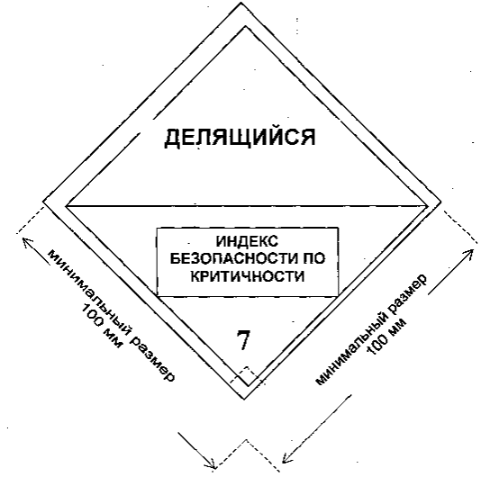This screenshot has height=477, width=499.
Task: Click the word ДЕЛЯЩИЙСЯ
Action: click(x=240, y=138)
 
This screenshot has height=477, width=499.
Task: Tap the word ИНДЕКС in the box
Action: click(x=248, y=241)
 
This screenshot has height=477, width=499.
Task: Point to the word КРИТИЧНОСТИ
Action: click(x=248, y=276)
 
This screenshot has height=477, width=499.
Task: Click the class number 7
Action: click(x=243, y=340)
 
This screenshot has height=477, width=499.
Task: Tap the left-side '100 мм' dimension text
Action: click(x=101, y=325)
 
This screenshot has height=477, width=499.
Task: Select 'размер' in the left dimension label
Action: click(x=153, y=359)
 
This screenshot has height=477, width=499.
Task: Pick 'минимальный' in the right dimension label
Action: click(x=352, y=348)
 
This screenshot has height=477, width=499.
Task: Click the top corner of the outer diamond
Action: click(x=241, y=3)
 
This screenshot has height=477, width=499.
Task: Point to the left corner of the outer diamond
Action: click(x=43, y=202)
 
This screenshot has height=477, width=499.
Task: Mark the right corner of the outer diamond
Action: click(x=441, y=202)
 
